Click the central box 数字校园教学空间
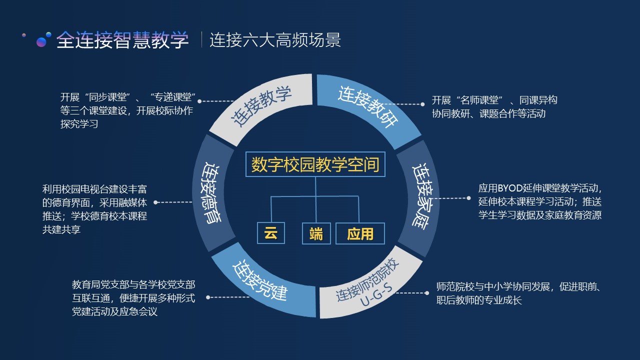pyautogui.click(x=315, y=164)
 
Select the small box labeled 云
pyautogui.click(x=270, y=233)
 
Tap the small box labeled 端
pyautogui.click(x=316, y=233)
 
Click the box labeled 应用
pyautogui.click(x=360, y=233)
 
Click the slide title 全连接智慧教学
pyautogui.click(x=122, y=40)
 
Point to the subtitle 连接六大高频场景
pyautogui.click(x=275, y=40)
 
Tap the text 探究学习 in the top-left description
pyautogui.click(x=79, y=124)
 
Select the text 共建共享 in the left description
pyautogui.click(x=61, y=229)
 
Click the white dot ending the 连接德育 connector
pyautogui.click(x=156, y=202)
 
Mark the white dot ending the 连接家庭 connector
pyautogui.click(x=468, y=198)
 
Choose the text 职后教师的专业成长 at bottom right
pyautogui.click(x=479, y=300)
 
